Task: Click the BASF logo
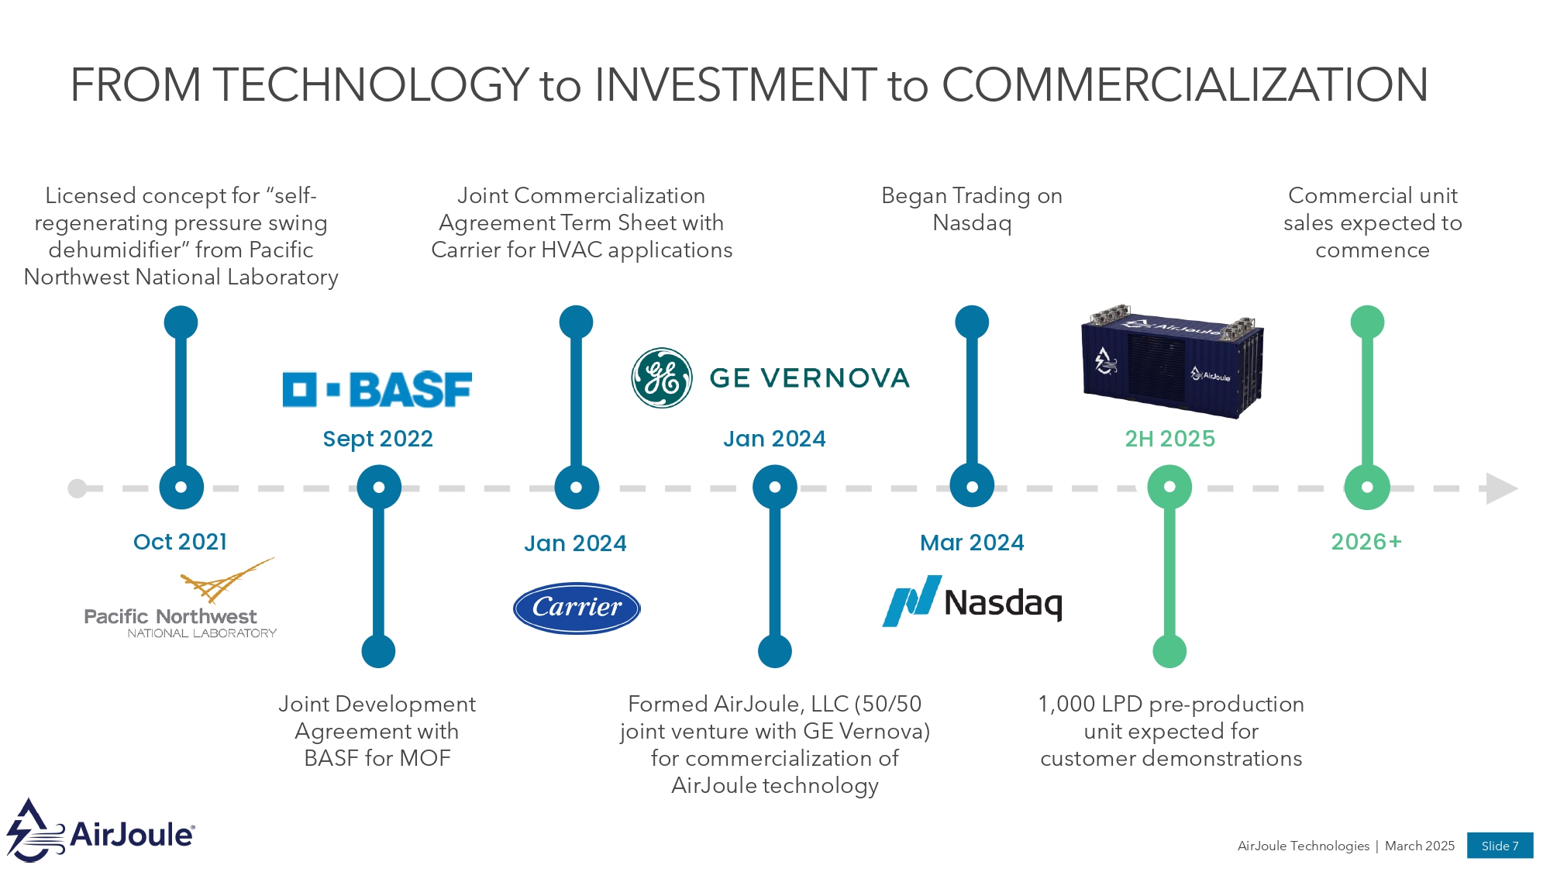(x=377, y=389)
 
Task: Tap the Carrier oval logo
(x=577, y=608)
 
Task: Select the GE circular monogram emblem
(x=661, y=378)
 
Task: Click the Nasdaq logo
(x=973, y=601)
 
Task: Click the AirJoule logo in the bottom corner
(x=101, y=831)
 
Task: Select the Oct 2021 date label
(x=181, y=542)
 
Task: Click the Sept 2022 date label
(x=377, y=439)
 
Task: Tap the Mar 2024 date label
(x=972, y=543)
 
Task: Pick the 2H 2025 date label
(x=1169, y=439)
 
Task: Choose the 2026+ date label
(x=1366, y=542)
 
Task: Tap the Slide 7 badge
(x=1500, y=846)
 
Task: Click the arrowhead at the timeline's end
(x=1500, y=488)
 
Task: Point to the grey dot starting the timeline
(x=77, y=488)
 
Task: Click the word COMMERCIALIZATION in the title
(x=1184, y=84)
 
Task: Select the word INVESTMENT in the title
(x=735, y=84)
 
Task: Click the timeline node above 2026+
(x=1367, y=488)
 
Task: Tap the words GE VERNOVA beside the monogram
(x=809, y=378)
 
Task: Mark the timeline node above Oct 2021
(x=181, y=488)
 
